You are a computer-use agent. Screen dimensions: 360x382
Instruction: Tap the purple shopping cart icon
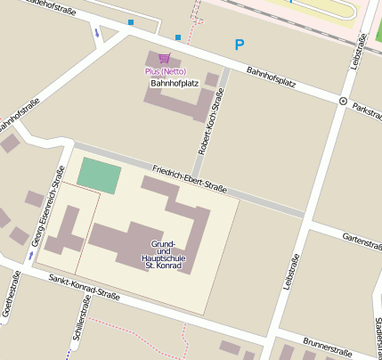[164, 59]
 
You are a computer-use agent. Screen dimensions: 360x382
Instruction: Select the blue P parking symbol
[239, 45]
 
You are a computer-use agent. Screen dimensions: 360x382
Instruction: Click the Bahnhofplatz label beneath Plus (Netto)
[174, 83]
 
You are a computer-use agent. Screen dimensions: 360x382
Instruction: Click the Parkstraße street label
[366, 111]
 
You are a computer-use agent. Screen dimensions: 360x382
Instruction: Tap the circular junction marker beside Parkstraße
[343, 102]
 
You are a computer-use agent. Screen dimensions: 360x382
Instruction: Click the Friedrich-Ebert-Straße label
[189, 179]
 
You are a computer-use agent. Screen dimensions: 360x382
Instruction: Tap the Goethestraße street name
[10, 298]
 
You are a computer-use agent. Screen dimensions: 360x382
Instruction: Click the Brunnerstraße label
[329, 347]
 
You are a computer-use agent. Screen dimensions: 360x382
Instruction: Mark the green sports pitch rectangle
[98, 175]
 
